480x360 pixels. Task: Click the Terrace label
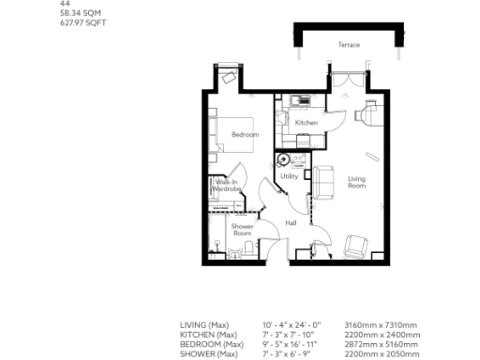pos(349,45)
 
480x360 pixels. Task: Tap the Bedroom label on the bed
pos(245,135)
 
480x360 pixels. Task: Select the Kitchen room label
pos(306,123)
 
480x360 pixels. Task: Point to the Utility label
pos(289,176)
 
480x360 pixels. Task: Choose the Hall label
pos(291,222)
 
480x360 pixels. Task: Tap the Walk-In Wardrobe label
pos(227,186)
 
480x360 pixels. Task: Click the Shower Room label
pos(242,230)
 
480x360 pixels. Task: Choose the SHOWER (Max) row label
pos(206,353)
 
